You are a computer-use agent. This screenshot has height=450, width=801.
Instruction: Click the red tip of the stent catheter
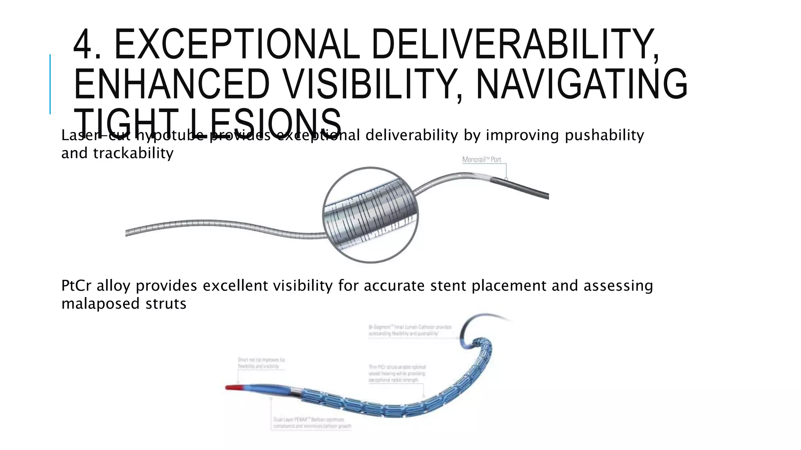(x=234, y=387)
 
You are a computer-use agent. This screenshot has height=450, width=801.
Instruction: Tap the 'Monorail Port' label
(x=481, y=159)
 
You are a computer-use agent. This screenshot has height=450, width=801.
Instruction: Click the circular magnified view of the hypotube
(x=370, y=215)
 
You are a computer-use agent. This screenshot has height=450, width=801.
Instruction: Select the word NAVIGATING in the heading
(x=581, y=84)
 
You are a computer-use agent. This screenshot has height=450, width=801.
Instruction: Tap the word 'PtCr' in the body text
(x=76, y=286)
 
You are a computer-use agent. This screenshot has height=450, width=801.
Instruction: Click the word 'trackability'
(x=133, y=153)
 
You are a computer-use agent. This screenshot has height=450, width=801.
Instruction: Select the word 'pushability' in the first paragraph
(x=604, y=135)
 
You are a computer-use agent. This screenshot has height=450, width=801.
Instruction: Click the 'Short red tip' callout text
(x=261, y=363)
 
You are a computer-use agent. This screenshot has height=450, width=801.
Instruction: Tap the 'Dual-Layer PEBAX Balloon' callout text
(x=312, y=423)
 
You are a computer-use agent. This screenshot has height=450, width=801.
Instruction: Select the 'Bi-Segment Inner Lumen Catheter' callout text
(x=410, y=330)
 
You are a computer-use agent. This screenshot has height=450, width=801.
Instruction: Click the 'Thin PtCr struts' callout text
(x=397, y=373)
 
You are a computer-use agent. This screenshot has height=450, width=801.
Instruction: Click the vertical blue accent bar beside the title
(x=50, y=84)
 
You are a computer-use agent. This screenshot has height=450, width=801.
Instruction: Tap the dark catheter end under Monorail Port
(x=520, y=188)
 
